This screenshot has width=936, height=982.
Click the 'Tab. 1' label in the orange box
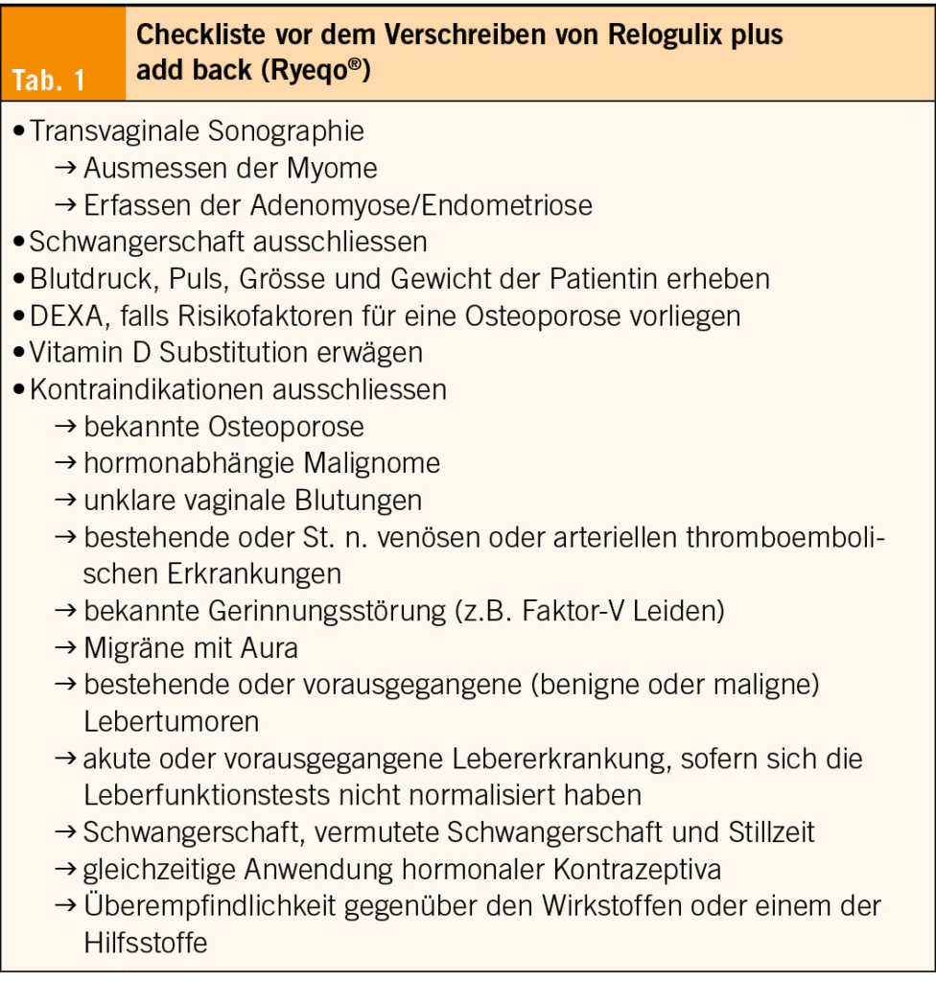click(x=50, y=81)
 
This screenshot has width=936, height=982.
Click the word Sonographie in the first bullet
click(x=286, y=131)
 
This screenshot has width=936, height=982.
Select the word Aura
click(x=270, y=648)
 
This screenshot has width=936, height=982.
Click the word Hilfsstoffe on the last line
click(x=146, y=942)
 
